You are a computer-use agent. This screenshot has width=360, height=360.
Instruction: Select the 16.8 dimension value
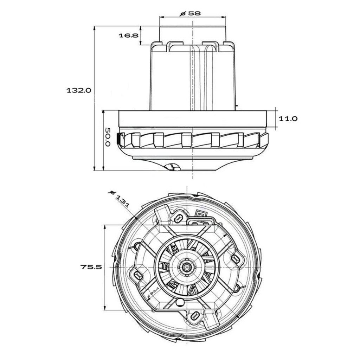pos(128,36)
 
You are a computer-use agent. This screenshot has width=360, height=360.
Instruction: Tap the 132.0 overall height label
pos(79,90)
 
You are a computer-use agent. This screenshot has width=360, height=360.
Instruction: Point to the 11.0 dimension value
pos(288,119)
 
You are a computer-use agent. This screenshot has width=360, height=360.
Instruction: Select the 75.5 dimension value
pos(91,267)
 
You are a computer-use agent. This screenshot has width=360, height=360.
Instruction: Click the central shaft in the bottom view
pos(187,267)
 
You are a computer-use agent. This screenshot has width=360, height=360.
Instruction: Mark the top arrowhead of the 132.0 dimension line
pos(95,28)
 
